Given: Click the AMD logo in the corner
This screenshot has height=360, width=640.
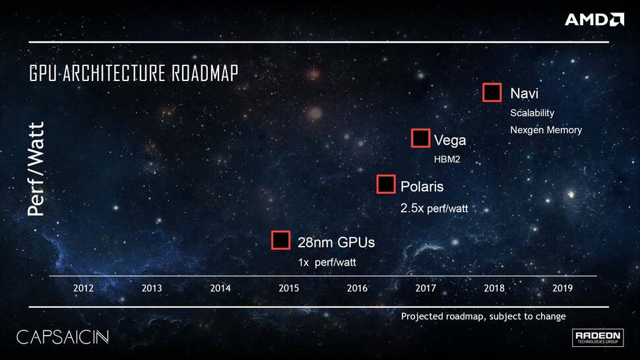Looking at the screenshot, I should pyautogui.click(x=594, y=19).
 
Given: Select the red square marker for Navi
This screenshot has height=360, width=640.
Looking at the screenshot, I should pyautogui.click(x=492, y=93).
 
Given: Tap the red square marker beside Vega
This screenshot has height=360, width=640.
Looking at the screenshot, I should pyautogui.click(x=420, y=138).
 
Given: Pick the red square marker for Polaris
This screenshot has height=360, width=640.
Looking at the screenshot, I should pyautogui.click(x=386, y=185).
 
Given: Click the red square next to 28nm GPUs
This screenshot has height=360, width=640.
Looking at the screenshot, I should pyautogui.click(x=281, y=241).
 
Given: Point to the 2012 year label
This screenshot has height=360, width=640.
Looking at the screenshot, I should pyautogui.click(x=83, y=288).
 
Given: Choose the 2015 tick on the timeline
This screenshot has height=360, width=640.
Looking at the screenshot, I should pyautogui.click(x=289, y=288).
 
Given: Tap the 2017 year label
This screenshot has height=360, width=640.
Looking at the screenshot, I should pyautogui.click(x=426, y=288).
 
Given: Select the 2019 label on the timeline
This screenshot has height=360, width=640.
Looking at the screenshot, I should pyautogui.click(x=563, y=288).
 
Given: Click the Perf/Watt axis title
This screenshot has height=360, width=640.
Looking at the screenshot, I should pyautogui.click(x=36, y=169).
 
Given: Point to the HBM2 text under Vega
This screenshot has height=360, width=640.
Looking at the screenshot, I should pyautogui.click(x=447, y=159).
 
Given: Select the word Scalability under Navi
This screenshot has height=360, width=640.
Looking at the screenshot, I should pyautogui.click(x=532, y=113).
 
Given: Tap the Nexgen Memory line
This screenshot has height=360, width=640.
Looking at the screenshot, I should pyautogui.click(x=546, y=130).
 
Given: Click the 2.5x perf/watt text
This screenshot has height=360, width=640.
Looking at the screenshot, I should pyautogui.click(x=434, y=208).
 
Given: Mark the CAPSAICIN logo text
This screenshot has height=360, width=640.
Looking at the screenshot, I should pyautogui.click(x=62, y=337).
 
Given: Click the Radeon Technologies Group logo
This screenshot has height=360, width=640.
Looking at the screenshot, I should pyautogui.click(x=598, y=338).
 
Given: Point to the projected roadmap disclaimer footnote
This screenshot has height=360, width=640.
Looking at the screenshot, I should pyautogui.click(x=483, y=316).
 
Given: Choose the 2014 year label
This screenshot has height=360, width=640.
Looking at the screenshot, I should pyautogui.click(x=220, y=288).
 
